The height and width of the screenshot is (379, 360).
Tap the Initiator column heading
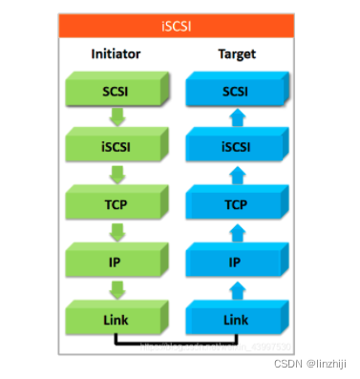(116, 53)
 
